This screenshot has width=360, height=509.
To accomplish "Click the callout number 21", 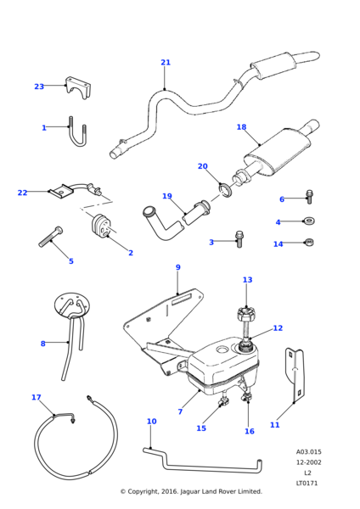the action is (x=166, y=62).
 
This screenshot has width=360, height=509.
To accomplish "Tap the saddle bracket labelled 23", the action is (x=78, y=87).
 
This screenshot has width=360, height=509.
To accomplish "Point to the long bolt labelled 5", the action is (x=51, y=237).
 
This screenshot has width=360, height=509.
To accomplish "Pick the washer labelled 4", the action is (x=309, y=221).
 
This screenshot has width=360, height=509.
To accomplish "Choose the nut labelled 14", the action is (x=309, y=242).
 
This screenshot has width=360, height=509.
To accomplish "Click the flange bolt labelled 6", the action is (x=309, y=197).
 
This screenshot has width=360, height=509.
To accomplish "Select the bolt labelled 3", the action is (x=239, y=239).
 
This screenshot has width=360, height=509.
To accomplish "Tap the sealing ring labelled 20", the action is (x=225, y=190).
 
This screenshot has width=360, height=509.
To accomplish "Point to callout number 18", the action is (x=241, y=127).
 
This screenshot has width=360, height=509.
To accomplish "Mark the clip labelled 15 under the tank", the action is (x=224, y=402).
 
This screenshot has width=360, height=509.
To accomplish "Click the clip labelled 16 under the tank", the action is (x=248, y=396).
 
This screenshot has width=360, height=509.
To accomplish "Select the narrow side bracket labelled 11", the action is (x=295, y=375).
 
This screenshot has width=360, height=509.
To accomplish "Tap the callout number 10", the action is (x=152, y=422).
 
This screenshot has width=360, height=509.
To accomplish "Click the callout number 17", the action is (x=37, y=397).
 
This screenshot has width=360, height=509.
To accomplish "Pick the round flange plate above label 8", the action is (x=72, y=305).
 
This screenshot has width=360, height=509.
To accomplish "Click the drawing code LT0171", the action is (x=307, y=483).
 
